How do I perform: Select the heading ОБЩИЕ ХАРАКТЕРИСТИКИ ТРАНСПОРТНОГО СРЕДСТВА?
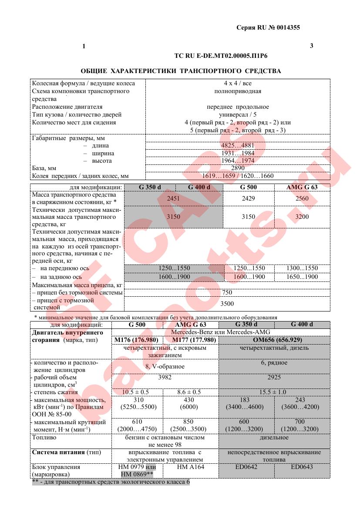tap(181, 70)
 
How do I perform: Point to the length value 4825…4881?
tap(237, 145)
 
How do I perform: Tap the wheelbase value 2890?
tap(237, 168)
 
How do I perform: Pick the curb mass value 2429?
tap(248, 198)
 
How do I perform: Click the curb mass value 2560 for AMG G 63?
tap(302, 198)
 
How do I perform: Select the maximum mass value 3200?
tap(302, 217)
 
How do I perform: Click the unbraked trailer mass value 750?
tap(227, 293)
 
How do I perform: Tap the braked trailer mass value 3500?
tap(227, 304)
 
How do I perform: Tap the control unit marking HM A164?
tap(191, 467)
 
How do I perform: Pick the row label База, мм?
tap(44, 168)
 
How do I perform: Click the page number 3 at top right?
tap(312, 46)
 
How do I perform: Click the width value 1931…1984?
tap(237, 153)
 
